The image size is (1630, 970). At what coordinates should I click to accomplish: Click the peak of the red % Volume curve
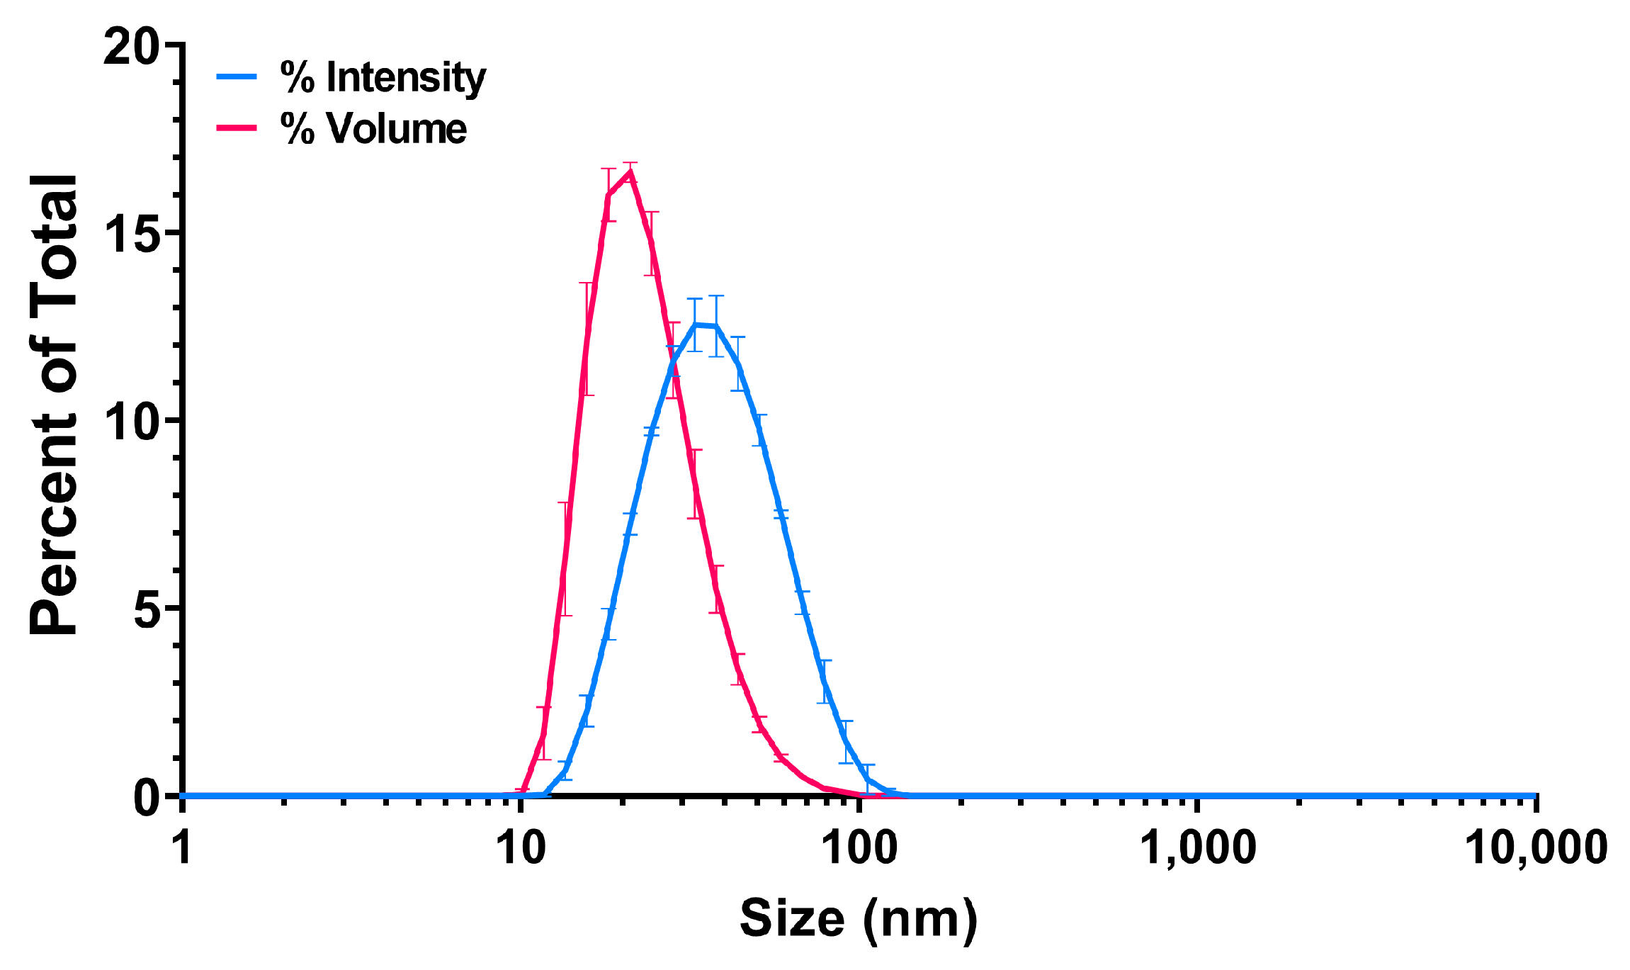[x=630, y=172]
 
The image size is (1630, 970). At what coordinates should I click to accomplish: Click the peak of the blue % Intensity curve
[x=696, y=325]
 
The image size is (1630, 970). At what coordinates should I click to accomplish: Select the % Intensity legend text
[x=383, y=77]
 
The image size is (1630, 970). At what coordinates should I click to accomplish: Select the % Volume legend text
[x=373, y=129]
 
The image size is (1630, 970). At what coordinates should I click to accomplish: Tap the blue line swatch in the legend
[x=237, y=77]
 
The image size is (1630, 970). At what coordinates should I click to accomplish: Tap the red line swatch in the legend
[x=237, y=128]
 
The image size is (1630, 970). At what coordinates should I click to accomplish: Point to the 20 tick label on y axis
[x=130, y=48]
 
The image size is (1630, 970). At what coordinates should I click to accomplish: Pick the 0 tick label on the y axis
[x=147, y=797]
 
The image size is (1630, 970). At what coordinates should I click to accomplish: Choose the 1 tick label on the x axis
[x=183, y=847]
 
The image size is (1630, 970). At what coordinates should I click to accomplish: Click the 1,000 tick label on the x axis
[x=1197, y=847]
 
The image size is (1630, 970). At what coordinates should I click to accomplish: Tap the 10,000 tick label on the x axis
[x=1536, y=847]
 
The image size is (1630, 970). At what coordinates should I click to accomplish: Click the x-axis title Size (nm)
[x=859, y=919]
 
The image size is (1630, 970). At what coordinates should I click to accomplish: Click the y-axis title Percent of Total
[x=54, y=404]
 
